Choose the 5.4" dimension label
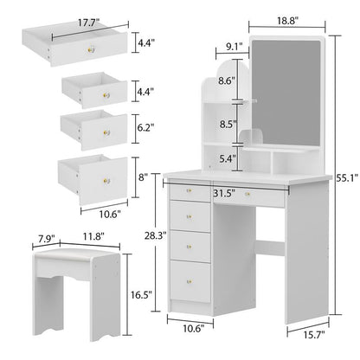click(x=227, y=157)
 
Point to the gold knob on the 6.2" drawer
click(x=106, y=132)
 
